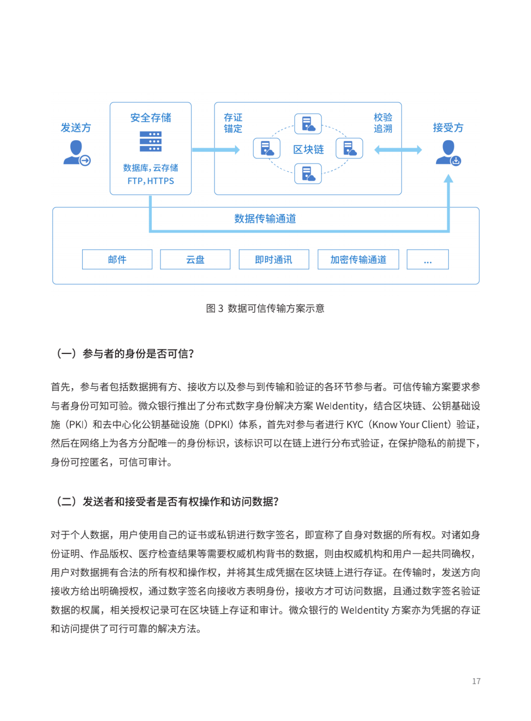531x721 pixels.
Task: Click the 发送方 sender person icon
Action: [x=76, y=153]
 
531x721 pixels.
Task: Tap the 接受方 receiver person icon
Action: [x=448, y=153]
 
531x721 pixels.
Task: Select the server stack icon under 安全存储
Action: [x=150, y=141]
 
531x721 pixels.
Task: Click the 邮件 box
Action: [x=117, y=259]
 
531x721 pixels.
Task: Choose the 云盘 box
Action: [x=195, y=259]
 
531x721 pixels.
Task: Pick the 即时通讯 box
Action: [x=274, y=259]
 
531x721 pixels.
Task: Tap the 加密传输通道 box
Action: [x=358, y=259]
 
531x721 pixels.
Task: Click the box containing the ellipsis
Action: [x=428, y=259]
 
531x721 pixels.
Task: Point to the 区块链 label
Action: [x=308, y=149]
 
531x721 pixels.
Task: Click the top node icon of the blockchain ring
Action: [x=308, y=124]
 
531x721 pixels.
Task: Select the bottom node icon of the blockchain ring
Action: [x=308, y=174]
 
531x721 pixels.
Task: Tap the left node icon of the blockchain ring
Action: [x=266, y=148]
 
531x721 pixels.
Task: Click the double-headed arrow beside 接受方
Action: [x=398, y=150]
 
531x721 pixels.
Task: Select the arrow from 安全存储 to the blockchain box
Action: [x=215, y=150]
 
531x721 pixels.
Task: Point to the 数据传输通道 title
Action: [x=265, y=219]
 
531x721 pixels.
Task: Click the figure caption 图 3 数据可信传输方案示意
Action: [x=265, y=308]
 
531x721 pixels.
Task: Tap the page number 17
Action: [x=476, y=681]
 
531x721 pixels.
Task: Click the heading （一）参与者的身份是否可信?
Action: [x=125, y=353]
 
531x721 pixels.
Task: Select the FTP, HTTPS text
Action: [x=150, y=181]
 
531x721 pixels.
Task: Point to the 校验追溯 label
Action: [x=383, y=123]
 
